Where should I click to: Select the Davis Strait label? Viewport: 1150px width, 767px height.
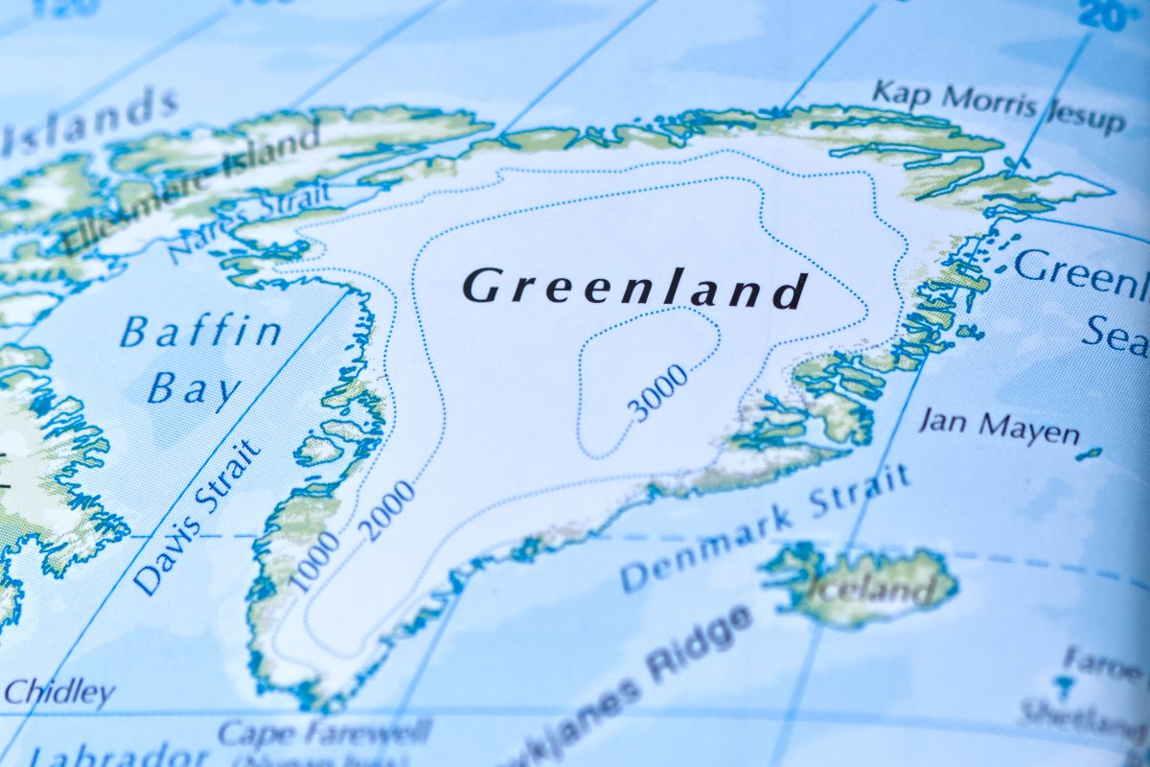198,518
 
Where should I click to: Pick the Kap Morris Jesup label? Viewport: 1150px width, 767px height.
997,106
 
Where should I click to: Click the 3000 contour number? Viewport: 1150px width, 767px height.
658,393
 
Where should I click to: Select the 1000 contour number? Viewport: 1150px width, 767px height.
315,561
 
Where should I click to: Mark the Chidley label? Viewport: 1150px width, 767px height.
57,692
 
